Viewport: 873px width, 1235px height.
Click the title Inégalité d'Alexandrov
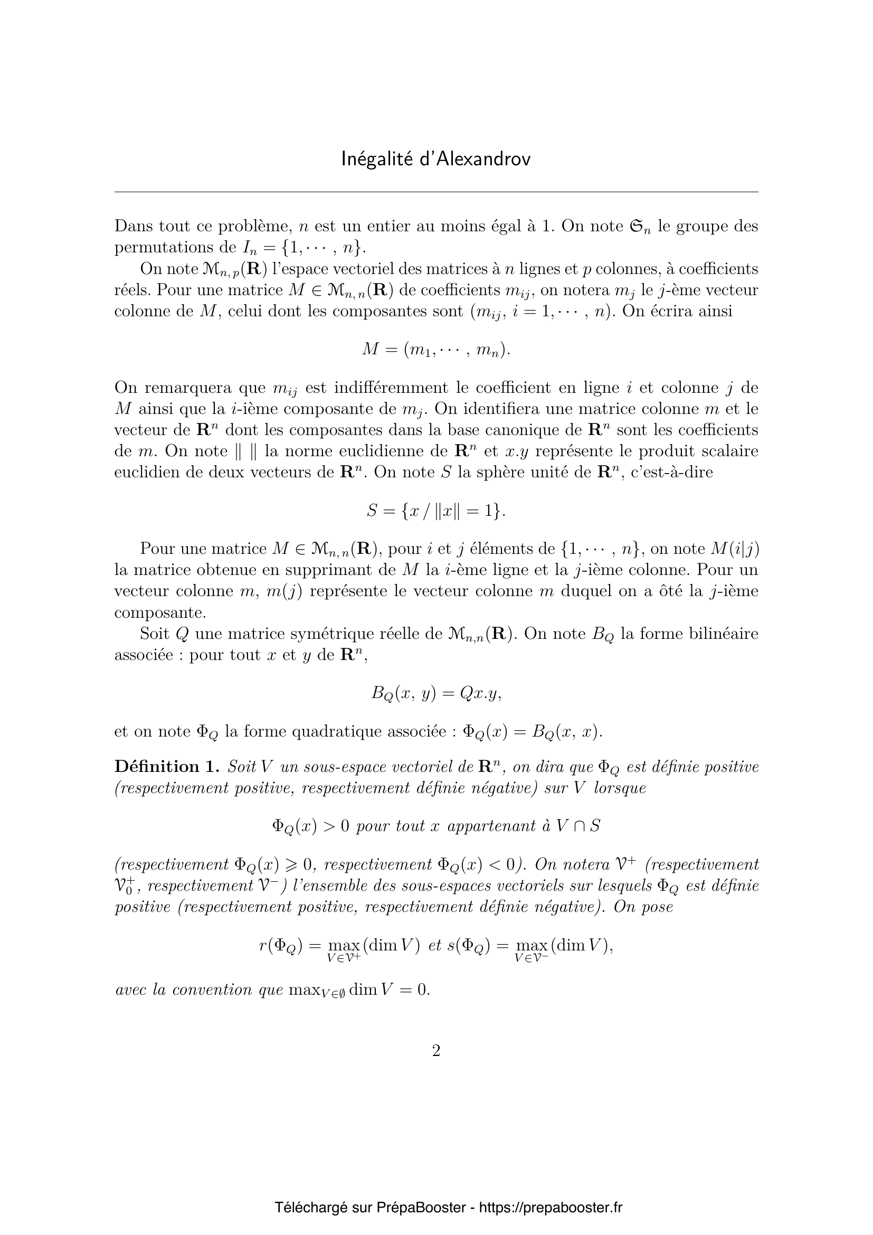coord(436,159)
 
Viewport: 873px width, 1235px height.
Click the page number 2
coord(436,1051)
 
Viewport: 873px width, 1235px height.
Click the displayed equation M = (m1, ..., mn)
coord(436,350)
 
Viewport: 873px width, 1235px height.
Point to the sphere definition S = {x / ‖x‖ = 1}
coord(436,511)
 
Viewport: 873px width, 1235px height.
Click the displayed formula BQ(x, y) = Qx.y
coord(436,693)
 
